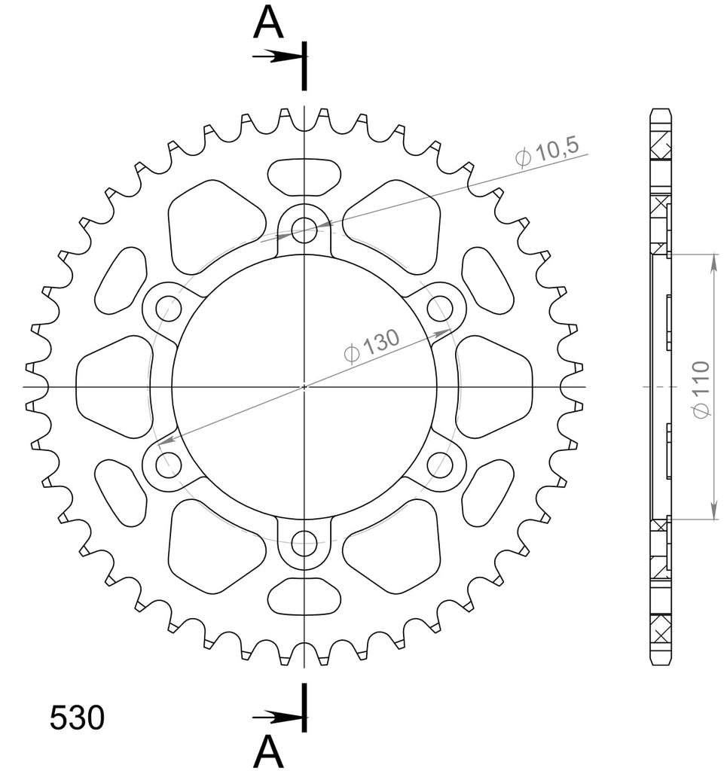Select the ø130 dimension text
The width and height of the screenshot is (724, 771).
tap(371, 345)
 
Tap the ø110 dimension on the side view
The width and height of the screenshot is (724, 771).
tap(701, 389)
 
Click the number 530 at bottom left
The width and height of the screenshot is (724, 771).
tap(77, 717)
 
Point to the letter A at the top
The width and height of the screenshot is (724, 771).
tap(268, 23)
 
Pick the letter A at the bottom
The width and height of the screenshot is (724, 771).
tap(268, 752)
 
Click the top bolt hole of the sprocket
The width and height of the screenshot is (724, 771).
tap(304, 230)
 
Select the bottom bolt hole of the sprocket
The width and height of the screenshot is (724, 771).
tap(304, 544)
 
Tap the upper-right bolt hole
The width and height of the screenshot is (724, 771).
tap(440, 308)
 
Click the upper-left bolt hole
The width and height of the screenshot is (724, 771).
tap(169, 308)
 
